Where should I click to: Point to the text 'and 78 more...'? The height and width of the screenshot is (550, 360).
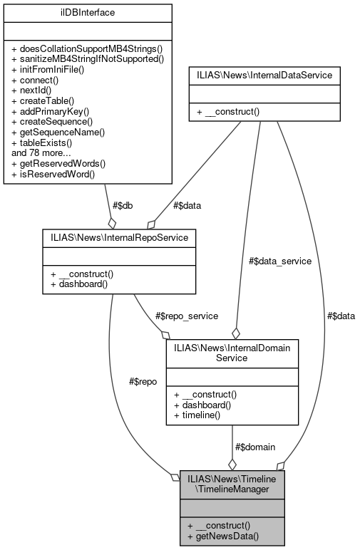coord(41,152)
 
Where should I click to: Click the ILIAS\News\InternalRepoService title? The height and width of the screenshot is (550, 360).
coord(118,236)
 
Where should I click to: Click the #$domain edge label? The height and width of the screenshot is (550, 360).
coord(254,447)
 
